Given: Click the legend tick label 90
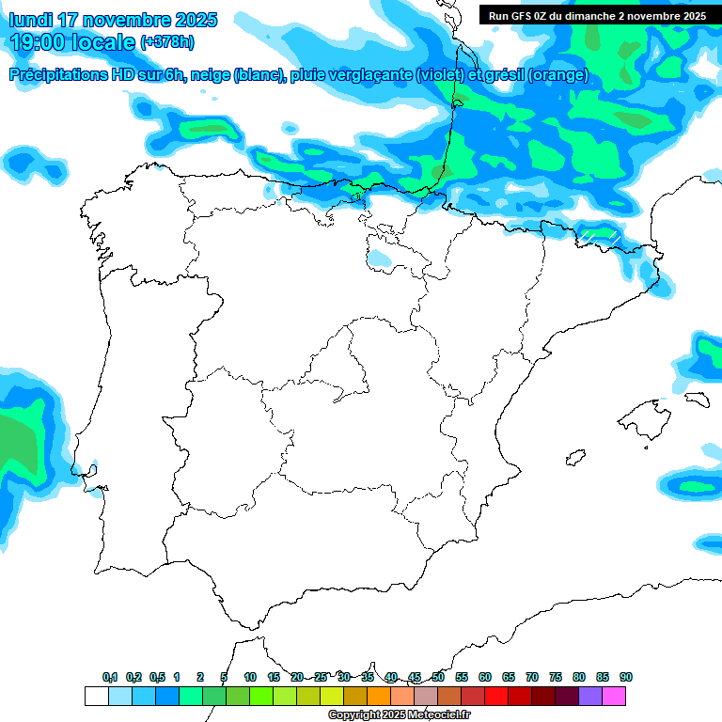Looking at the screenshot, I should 626,677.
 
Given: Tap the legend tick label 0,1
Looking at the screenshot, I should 110,677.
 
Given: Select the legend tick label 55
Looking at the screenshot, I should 462,677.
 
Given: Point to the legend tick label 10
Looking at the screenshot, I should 250,677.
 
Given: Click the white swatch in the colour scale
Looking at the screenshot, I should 96,696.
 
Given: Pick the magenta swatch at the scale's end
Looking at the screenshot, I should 614,696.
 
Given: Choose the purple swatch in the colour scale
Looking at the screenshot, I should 590,696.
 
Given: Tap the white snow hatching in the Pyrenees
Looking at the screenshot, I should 598,234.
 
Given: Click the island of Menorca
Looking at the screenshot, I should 695,400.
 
